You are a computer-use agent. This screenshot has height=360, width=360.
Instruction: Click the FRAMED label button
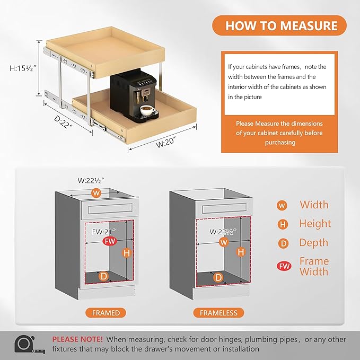point(106,313)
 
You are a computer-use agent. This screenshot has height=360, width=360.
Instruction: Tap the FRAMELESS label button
point(218,313)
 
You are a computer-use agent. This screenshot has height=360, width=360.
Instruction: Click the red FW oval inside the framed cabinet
point(110,242)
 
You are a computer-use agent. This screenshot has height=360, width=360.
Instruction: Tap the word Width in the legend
point(314,205)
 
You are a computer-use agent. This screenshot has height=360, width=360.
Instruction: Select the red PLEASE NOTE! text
point(77,339)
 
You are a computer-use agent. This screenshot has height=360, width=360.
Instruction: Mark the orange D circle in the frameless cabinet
point(218,277)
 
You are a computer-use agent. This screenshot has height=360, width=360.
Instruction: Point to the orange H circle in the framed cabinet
point(127,253)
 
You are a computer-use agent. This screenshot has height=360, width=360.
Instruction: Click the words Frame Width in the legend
point(314,266)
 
